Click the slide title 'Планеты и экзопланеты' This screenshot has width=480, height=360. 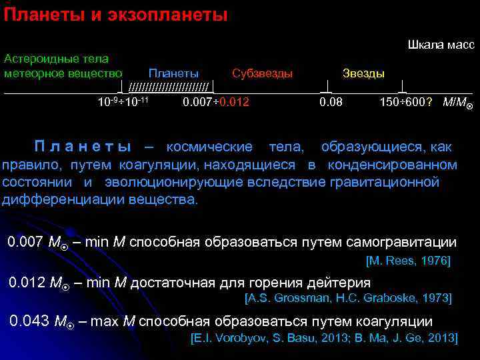point(115,14)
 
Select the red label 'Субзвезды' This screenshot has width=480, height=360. point(262,73)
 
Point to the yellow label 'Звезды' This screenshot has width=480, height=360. point(363,73)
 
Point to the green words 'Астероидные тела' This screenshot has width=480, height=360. point(56,59)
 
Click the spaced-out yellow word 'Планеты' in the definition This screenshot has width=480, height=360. point(83,147)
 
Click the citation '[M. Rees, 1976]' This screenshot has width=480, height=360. point(408,261)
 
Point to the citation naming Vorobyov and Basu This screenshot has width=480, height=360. point(324,339)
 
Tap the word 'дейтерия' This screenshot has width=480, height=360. point(340,283)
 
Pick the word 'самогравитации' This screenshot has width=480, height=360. point(405,243)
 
